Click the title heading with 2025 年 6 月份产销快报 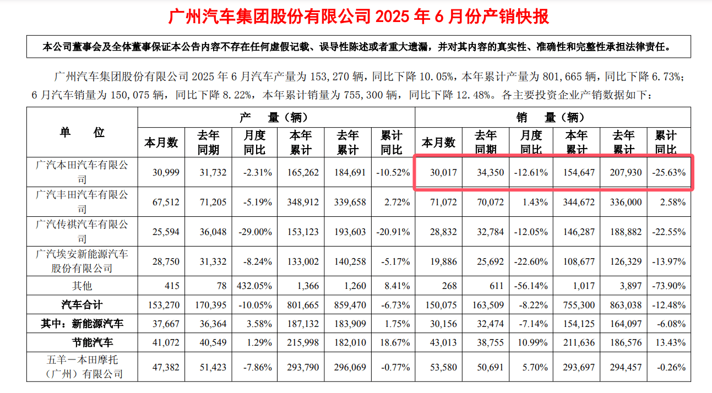358,17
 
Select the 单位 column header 82,132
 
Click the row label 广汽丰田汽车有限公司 82,201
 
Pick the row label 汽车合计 82,304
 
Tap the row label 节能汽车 93,342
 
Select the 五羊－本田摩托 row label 82,367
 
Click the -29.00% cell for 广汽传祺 254,232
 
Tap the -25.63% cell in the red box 670,172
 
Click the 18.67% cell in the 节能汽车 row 392,342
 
